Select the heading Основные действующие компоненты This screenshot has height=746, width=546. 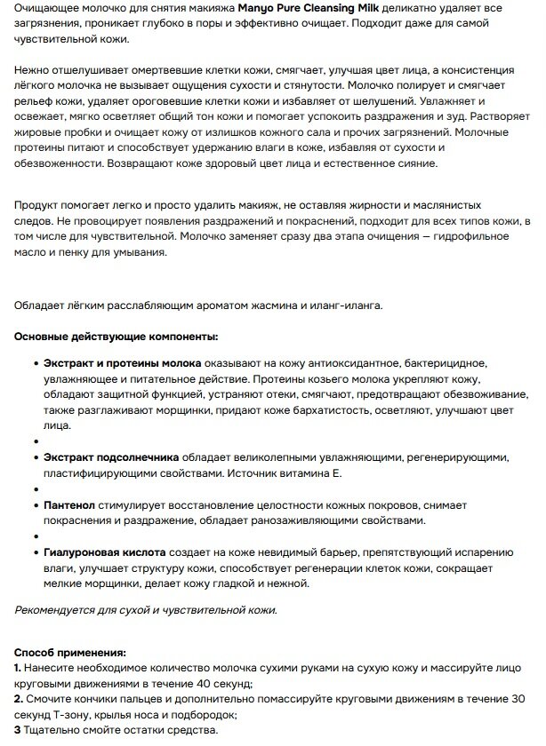point(116,337)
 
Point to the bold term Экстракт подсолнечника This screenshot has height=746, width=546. point(111,456)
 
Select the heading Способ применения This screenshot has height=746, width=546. point(70,651)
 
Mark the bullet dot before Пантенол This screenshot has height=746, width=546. point(34,504)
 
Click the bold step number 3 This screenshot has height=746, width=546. point(18,730)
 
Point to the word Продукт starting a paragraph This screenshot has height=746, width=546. point(38,203)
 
